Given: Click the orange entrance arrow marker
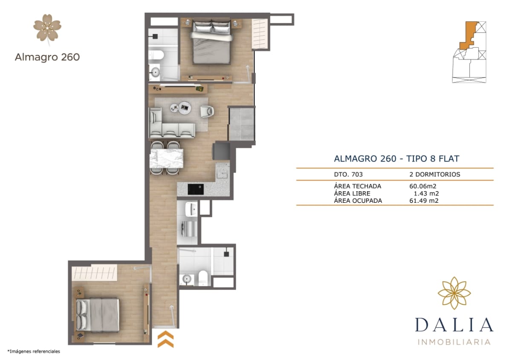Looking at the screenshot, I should pyautogui.click(x=165, y=339).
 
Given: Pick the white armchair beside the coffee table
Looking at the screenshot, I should pyautogui.click(x=207, y=111).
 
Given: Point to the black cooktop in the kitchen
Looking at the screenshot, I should pyautogui.click(x=196, y=188).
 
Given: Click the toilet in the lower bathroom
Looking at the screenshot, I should pyautogui.click(x=203, y=278).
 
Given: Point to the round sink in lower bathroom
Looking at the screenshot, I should pyautogui.click(x=186, y=279).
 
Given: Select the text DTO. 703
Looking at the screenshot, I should pyautogui.click(x=348, y=174).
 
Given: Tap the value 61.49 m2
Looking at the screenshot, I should pyautogui.click(x=424, y=201).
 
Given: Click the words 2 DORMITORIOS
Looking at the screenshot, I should pyautogui.click(x=434, y=174).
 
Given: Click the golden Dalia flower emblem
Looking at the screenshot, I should pyautogui.click(x=454, y=293).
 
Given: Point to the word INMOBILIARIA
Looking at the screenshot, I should pyautogui.click(x=454, y=342).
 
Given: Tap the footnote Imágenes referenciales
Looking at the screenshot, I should pyautogui.click(x=34, y=351).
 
